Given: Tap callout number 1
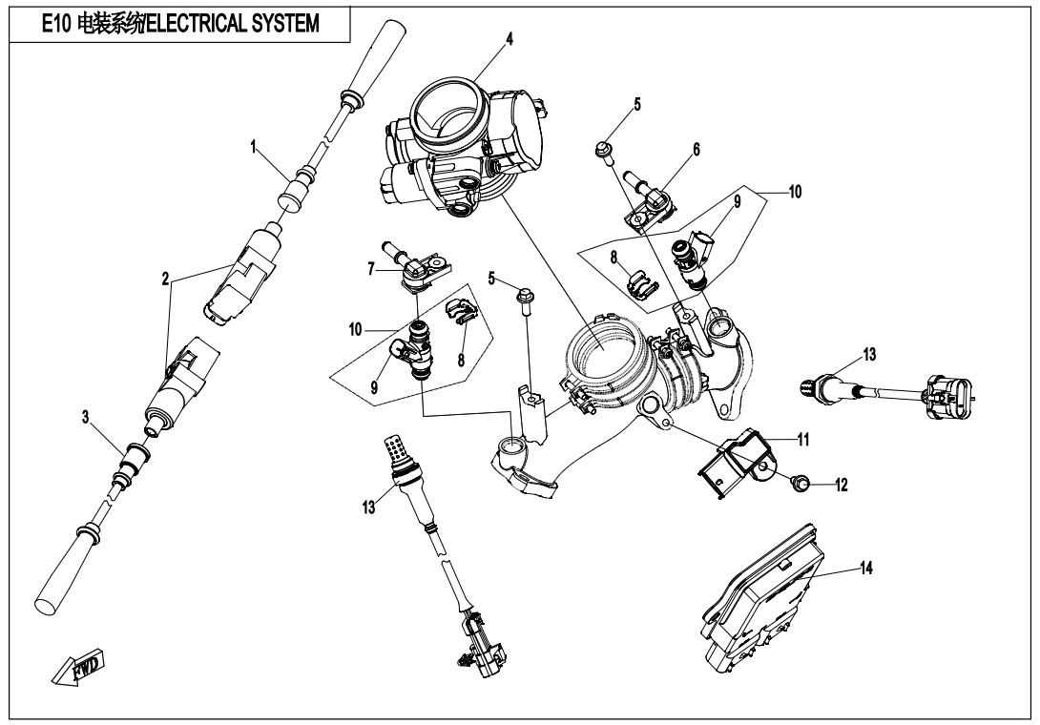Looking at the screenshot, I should click(x=254, y=148).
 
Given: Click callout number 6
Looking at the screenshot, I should click(x=697, y=150).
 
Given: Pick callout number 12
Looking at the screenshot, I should click(x=839, y=485).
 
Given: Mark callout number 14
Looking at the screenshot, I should click(x=865, y=566).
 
